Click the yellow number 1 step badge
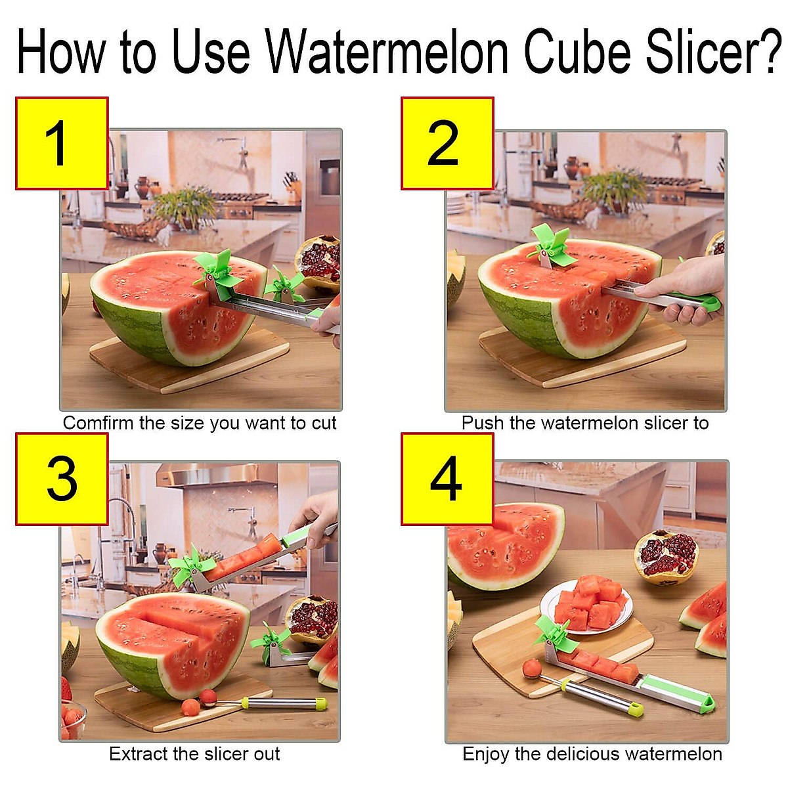[62, 144]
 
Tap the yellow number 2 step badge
[447, 144]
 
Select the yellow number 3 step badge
[62, 479]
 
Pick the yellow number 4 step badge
[447, 479]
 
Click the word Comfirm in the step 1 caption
[98, 423]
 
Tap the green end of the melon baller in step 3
[320, 705]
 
